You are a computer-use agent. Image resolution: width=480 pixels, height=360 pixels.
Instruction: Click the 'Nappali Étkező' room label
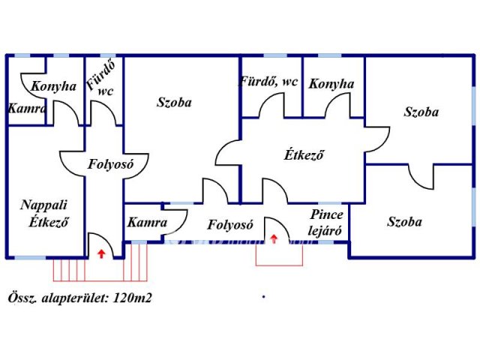click(44, 213)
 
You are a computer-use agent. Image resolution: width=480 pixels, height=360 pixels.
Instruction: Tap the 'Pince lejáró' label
click(325, 223)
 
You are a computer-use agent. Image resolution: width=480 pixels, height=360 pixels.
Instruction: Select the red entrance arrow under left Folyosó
click(101, 253)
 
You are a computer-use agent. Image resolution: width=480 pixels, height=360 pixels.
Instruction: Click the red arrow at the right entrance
click(274, 238)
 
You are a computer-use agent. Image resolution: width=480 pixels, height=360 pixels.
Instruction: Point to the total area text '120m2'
click(132, 298)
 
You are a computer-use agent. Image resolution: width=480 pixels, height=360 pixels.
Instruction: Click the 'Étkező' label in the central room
click(304, 154)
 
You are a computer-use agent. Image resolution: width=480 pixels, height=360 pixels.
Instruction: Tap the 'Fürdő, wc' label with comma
click(268, 82)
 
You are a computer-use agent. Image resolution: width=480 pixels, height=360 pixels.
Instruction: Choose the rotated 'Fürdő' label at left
click(100, 74)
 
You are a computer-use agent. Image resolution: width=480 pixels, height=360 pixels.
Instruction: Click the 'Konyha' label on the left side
click(53, 86)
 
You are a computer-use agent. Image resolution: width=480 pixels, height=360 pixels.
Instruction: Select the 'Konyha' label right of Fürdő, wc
click(331, 84)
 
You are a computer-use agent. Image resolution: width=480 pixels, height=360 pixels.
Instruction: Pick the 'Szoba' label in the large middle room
click(174, 102)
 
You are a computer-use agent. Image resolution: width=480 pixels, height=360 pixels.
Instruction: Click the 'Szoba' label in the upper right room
click(421, 112)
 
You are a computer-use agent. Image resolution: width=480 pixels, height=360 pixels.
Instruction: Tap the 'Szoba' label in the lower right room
click(404, 222)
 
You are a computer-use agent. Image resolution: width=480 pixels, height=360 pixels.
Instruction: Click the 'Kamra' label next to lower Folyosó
click(147, 223)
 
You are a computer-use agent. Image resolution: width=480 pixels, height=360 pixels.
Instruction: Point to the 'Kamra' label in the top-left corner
click(27, 108)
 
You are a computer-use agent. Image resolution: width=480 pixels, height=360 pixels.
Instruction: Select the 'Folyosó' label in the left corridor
click(111, 164)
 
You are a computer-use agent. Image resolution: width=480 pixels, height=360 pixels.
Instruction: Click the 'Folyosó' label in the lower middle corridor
click(230, 225)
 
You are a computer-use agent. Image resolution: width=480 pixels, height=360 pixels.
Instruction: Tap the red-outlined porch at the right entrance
click(279, 255)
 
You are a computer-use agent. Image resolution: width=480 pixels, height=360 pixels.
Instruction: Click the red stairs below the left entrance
click(100, 270)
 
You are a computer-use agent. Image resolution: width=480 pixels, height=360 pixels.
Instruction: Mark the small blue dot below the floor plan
click(263, 296)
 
